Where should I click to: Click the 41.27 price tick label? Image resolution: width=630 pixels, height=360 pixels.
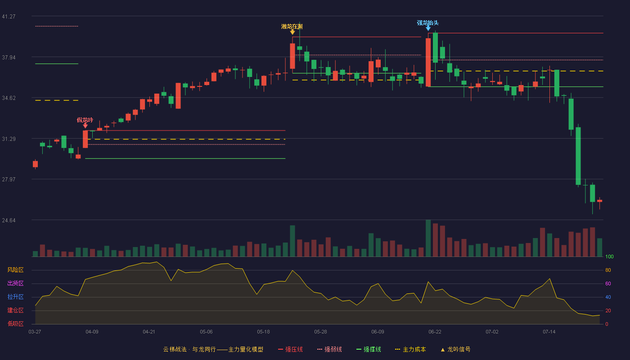tap(9, 17)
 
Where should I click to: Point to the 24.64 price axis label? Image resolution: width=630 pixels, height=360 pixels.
tap(9, 220)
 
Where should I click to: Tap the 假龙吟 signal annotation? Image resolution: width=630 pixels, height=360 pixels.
tap(85, 120)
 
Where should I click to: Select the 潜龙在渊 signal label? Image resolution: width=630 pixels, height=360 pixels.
tap(292, 27)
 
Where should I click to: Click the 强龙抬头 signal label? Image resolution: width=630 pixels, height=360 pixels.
tap(428, 23)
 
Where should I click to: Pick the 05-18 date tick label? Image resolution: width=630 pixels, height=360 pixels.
tap(263, 332)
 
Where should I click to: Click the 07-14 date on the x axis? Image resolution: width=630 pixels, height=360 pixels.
tap(549, 332)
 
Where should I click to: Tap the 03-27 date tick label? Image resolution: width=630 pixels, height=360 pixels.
tap(35, 332)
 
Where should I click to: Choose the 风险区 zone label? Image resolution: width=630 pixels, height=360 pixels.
tap(15, 270)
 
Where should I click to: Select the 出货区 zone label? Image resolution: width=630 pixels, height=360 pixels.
tap(15, 283)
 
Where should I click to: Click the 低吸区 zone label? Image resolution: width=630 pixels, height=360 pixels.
tap(15, 324)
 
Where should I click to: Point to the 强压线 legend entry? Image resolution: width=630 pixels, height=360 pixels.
tap(290, 349)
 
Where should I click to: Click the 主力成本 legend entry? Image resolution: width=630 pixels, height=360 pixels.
tap(410, 349)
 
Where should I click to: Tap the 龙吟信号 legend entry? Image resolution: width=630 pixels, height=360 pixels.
tap(455, 349)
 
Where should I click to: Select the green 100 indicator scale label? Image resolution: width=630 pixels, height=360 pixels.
tap(609, 256)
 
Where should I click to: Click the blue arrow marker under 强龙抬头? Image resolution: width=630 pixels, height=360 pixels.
tap(428, 28)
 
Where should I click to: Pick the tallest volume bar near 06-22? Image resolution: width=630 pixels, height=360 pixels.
tap(428, 238)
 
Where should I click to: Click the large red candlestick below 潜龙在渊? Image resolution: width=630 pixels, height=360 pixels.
tap(292, 56)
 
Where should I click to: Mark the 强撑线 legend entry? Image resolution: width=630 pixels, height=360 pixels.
tap(369, 349)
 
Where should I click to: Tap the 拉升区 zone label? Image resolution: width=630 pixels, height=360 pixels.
tap(15, 297)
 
